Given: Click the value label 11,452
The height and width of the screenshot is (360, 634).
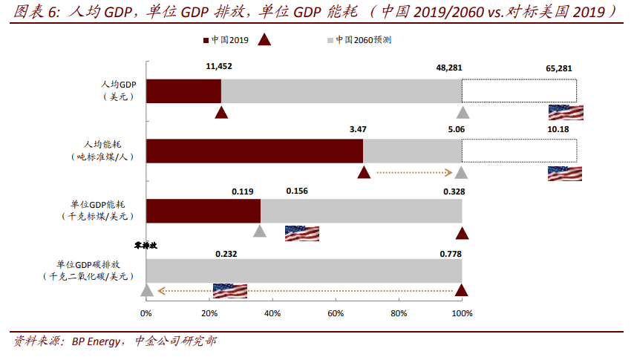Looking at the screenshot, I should tap(220, 67).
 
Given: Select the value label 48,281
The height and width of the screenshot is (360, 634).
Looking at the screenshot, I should tap(449, 67).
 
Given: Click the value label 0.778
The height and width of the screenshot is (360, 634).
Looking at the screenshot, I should tap(450, 253).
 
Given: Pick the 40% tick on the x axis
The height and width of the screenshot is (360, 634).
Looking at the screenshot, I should tap(272, 313).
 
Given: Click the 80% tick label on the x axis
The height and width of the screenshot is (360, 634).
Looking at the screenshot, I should tap(399, 313).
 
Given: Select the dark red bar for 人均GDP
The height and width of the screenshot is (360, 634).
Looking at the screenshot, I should tap(183, 90).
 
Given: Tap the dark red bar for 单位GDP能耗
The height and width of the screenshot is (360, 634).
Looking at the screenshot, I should tap(203, 210).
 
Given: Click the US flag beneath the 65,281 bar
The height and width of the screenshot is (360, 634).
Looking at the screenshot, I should tap(565, 113).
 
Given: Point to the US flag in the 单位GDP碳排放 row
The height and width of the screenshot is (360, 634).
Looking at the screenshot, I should tap(229, 290).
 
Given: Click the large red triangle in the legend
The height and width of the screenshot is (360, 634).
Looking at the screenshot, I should tap(264, 40).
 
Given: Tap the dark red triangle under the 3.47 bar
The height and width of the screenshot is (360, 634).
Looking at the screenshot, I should tap(364, 172).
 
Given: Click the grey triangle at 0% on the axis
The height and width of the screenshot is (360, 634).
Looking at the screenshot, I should tap(147, 290).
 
